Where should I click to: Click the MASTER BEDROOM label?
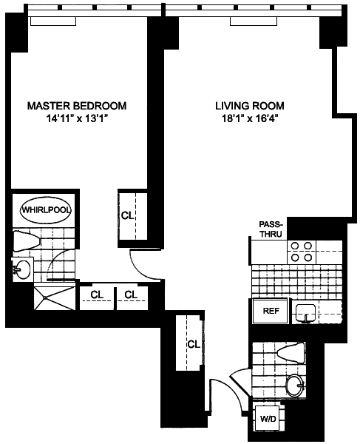click(x=77, y=106)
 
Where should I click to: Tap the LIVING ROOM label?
click(x=250, y=106)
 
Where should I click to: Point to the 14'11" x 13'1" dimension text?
click(x=78, y=118)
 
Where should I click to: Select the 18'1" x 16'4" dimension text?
click(x=249, y=118)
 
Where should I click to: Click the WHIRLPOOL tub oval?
click(x=46, y=210)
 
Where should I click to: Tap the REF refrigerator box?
click(x=271, y=311)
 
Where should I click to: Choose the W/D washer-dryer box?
click(x=268, y=418)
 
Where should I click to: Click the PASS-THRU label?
click(x=271, y=229)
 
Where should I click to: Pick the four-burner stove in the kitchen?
click(x=302, y=252)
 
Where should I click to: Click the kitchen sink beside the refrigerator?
click(x=306, y=314)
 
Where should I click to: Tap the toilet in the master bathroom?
click(x=27, y=241)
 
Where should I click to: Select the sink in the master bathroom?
click(x=22, y=269)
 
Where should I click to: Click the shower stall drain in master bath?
click(x=44, y=297)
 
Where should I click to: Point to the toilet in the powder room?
click(x=291, y=353)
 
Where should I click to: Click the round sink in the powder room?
click(x=296, y=385)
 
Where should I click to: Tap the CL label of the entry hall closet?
click(x=194, y=344)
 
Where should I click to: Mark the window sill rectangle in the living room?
click(x=254, y=21)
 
